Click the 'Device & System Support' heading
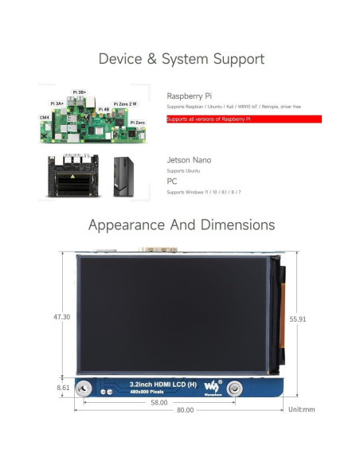(x=181, y=59)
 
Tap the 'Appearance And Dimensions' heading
(x=181, y=225)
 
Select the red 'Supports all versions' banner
(x=244, y=119)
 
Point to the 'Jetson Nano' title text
(x=189, y=160)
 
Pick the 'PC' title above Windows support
(x=172, y=181)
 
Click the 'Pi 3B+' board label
(x=80, y=92)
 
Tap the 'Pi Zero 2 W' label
(x=125, y=104)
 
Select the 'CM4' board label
(x=45, y=117)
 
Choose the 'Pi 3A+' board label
(x=58, y=104)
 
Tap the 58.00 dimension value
(x=158, y=403)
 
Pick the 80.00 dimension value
(x=184, y=411)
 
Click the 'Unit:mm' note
(x=303, y=411)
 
